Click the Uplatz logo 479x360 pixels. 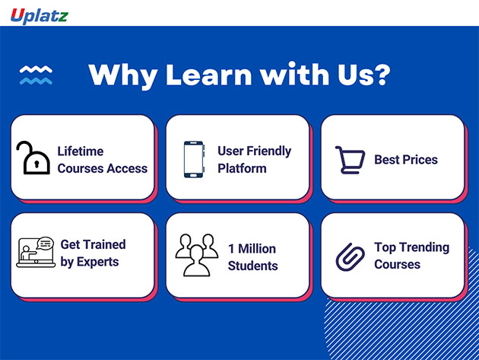(x=40, y=16)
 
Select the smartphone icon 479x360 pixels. (x=194, y=159)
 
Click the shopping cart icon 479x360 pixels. (x=350, y=160)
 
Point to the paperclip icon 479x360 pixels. (x=350, y=257)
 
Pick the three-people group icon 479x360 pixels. (x=197, y=255)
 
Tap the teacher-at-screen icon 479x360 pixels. (x=36, y=253)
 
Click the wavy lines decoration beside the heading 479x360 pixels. (x=36, y=75)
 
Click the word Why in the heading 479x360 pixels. (x=123, y=76)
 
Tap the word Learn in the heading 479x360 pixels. (x=209, y=75)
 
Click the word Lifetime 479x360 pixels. (x=81, y=151)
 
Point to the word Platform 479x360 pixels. (x=242, y=168)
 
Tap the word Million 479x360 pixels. (x=257, y=249)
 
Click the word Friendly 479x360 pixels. (x=269, y=151)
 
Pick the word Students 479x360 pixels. (x=253, y=266)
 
